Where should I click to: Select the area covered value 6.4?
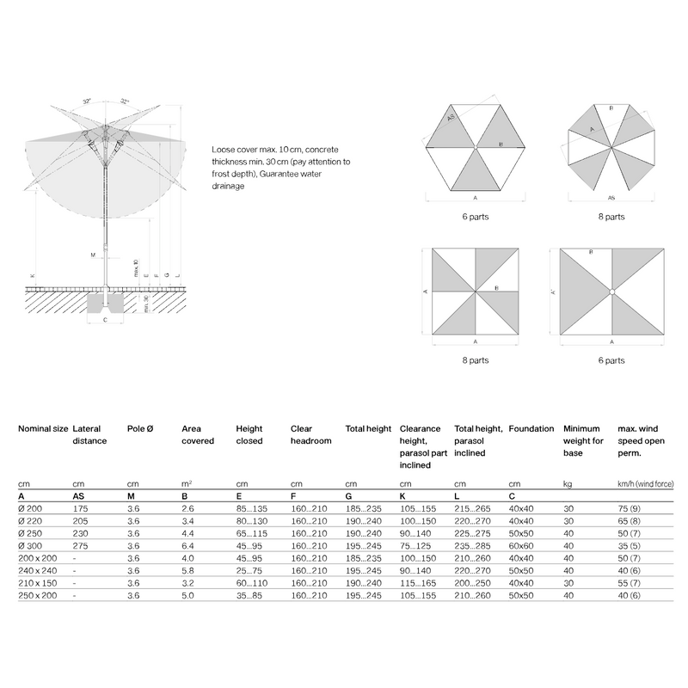click(188, 546)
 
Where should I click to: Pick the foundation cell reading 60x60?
click(520, 546)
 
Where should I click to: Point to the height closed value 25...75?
click(251, 570)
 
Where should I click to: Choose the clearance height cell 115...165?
click(416, 582)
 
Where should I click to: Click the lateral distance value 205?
click(82, 522)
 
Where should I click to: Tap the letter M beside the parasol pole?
click(92, 255)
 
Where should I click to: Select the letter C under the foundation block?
click(105, 319)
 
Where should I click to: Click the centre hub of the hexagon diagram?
click(476, 150)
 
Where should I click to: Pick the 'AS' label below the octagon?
click(611, 197)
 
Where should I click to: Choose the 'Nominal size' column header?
click(43, 428)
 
